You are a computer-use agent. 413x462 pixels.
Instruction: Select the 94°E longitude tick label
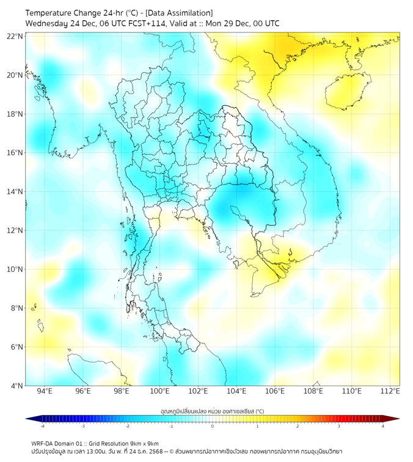click(45, 392)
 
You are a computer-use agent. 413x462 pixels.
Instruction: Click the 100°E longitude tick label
click(160, 392)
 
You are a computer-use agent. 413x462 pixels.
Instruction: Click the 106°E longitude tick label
click(276, 392)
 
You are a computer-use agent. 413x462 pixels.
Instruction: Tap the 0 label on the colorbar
click(213, 426)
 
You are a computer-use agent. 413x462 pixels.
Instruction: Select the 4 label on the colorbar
click(383, 426)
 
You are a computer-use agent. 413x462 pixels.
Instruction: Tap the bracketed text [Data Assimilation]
click(181, 13)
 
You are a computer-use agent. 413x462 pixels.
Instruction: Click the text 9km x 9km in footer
click(144, 443)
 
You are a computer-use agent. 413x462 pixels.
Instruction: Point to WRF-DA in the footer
click(43, 443)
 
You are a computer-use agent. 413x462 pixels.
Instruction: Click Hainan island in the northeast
click(349, 92)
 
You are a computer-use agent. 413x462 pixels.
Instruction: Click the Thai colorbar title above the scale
click(212, 411)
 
